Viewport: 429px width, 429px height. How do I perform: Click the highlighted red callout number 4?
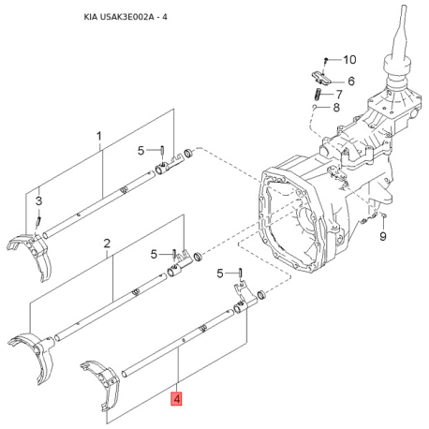(177, 398)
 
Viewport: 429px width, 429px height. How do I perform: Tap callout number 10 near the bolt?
(349, 60)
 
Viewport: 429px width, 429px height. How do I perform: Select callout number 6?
(351, 81)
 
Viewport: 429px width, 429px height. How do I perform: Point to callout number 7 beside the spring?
(339, 94)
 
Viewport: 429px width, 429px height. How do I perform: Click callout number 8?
(336, 108)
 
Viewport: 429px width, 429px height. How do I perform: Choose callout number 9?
(383, 236)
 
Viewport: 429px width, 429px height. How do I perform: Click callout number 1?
(99, 136)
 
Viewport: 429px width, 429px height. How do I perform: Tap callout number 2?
(107, 244)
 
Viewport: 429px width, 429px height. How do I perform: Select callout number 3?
(38, 200)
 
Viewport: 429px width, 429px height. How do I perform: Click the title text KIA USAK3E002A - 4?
(126, 17)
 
